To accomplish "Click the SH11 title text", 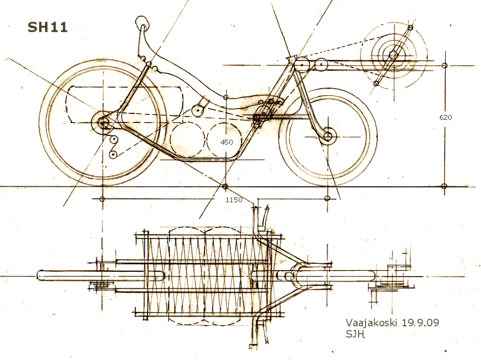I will coord(48,27).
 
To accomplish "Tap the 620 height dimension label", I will coord(445,117).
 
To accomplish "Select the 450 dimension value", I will coord(227,142).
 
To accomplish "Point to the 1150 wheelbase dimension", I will coord(234,200).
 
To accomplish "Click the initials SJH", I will coord(355,334).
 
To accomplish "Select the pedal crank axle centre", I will coord(394,55).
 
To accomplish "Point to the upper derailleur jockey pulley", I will coord(113,140).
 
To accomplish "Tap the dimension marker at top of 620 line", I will coord(445,66).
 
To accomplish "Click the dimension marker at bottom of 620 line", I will coord(445,186).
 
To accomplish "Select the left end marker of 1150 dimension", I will coord(102,199).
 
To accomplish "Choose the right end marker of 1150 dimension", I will coord(327,199).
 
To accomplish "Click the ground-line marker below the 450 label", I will coord(225,186).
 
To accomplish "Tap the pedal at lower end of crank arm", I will coord(376,83).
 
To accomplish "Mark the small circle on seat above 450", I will coord(226,97).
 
